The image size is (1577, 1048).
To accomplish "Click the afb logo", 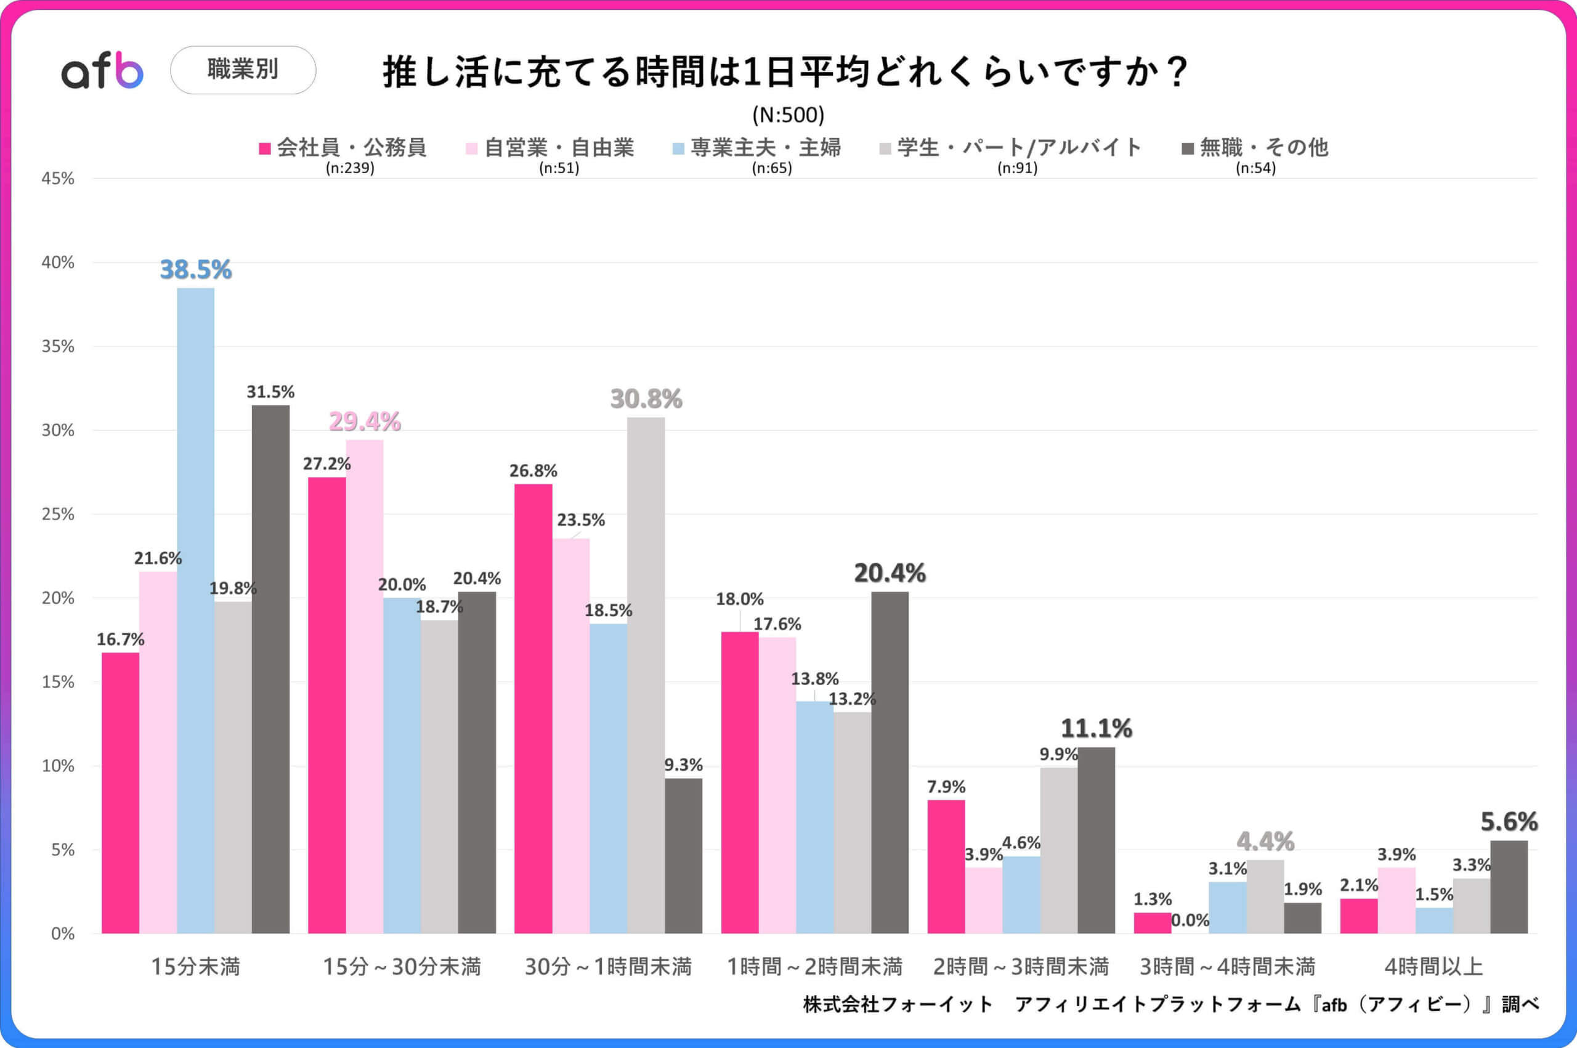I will click(102, 71).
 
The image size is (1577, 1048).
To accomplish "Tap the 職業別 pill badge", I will click(243, 70).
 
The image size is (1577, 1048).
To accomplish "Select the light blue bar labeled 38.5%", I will click(196, 609).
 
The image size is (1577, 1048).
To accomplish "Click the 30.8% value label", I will click(646, 399).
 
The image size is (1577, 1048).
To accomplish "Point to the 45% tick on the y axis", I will click(58, 179).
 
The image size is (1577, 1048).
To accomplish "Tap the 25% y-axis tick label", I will click(58, 514).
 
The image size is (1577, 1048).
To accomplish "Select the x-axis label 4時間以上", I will click(1433, 967).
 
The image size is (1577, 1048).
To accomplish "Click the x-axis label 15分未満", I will click(195, 967).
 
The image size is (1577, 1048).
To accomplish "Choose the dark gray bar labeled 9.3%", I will click(683, 856).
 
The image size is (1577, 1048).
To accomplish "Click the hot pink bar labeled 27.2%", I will click(326, 705).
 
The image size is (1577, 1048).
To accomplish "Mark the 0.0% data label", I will click(1190, 920).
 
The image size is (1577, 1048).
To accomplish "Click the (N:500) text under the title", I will click(788, 115).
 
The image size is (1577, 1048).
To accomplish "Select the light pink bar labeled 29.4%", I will click(364, 686).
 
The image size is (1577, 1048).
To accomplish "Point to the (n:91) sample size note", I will click(1017, 168).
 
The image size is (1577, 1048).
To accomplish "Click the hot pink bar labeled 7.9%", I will click(946, 866).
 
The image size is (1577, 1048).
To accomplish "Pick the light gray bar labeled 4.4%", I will click(1265, 896).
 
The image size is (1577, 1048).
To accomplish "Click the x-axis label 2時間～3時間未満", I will click(1020, 967).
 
